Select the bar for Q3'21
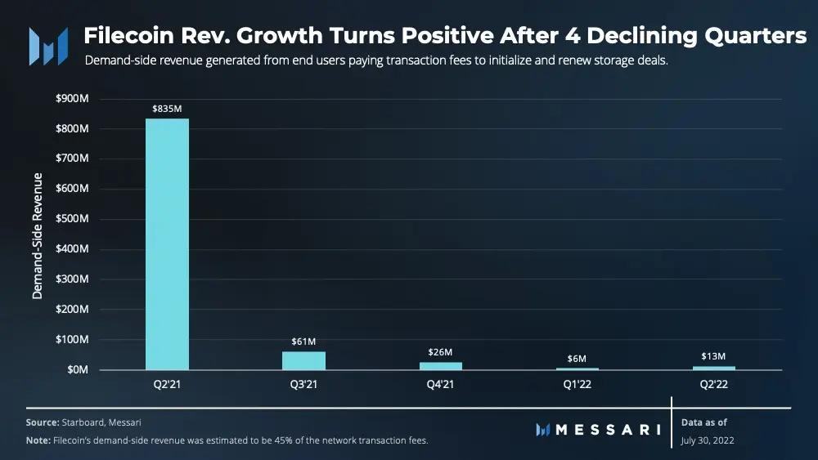[x=303, y=360]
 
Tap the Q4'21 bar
[x=441, y=365]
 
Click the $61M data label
[x=303, y=340]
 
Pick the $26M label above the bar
[x=441, y=351]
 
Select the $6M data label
[x=578, y=358]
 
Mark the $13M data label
[x=714, y=356]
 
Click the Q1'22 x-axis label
[x=578, y=383]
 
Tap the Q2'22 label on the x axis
[x=714, y=383]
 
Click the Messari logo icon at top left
[x=48, y=46]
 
